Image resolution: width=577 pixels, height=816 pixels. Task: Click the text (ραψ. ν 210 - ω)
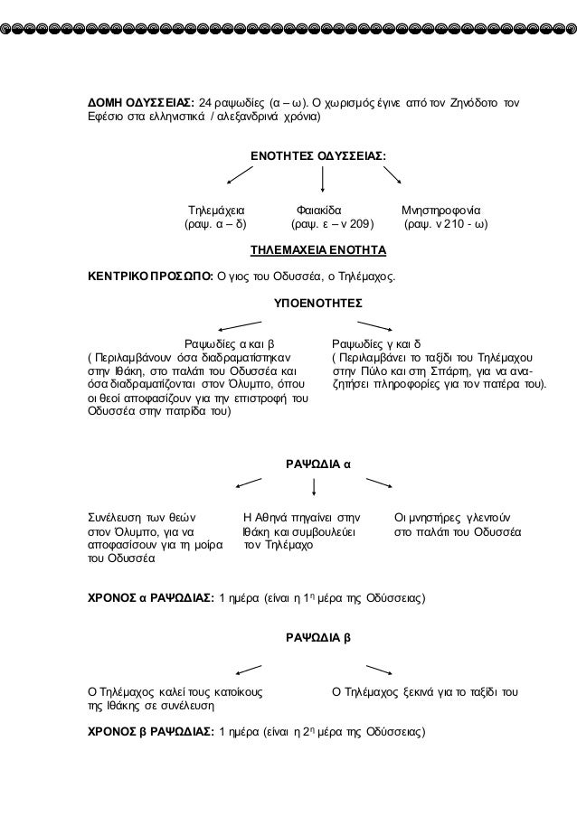click(x=445, y=222)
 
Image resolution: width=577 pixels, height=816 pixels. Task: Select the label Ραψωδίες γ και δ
click(x=376, y=343)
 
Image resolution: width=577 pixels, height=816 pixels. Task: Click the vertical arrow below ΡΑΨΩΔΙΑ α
click(x=313, y=488)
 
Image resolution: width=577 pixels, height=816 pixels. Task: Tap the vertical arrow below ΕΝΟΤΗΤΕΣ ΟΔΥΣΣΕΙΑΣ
click(x=313, y=179)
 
